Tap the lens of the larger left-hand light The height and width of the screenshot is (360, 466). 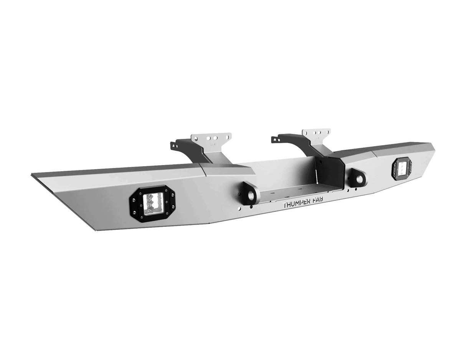[153, 203]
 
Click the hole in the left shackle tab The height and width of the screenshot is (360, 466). [251, 195]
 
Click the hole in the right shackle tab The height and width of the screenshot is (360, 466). [359, 179]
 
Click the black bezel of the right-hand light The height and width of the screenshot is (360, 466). [394, 170]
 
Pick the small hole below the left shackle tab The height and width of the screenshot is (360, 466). [240, 209]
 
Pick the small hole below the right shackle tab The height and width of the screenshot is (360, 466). [348, 190]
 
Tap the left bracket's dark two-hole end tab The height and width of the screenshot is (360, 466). [175, 145]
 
